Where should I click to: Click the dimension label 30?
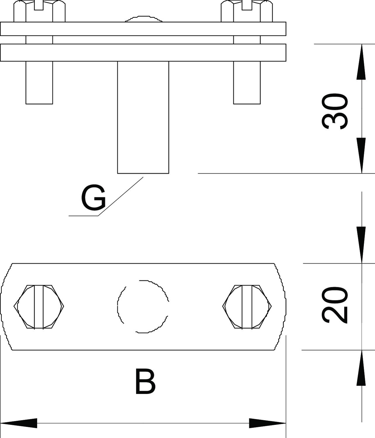coord(335,111)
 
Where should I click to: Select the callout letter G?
coord(93,197)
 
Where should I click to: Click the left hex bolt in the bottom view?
coord(39,307)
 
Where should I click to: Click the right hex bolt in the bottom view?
coord(247,307)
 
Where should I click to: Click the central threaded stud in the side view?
coord(143,117)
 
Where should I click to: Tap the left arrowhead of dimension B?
coord(19,423)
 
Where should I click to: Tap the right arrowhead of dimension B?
coord(267,423)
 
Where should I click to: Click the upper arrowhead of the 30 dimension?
coord(361,62)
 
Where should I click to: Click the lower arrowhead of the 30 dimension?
coord(361,155)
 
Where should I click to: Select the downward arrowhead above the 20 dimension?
coord(361,245)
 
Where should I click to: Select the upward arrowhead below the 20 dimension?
coord(361,368)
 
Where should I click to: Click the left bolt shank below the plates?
coord(39,83)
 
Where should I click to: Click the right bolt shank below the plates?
coord(247,83)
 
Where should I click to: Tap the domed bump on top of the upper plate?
coord(144,19)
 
